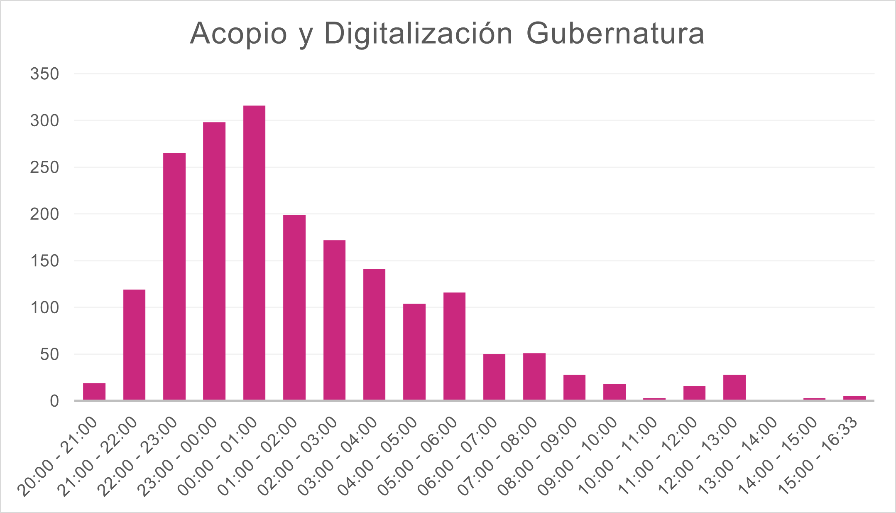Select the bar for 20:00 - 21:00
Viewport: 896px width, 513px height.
(94, 391)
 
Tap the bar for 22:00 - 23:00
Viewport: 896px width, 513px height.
(174, 276)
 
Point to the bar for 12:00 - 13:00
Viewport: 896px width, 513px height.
(734, 387)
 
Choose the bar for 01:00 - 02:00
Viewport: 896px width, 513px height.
(294, 307)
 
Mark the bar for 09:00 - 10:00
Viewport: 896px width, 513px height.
(614, 392)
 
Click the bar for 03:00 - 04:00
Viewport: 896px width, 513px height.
(374, 334)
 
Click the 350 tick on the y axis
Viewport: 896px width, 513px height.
(45, 74)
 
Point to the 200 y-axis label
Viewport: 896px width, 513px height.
(45, 214)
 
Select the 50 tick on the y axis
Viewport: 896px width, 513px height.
(49, 355)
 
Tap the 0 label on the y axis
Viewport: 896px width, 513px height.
(54, 401)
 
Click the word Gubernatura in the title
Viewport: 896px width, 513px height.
(615, 33)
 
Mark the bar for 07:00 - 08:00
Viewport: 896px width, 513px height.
(534, 376)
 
